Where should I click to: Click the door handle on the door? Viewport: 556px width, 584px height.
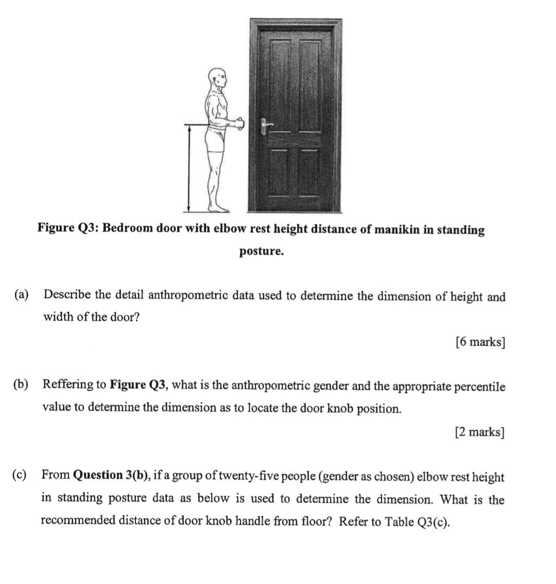tap(265, 126)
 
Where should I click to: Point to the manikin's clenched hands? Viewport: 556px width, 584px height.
tap(239, 124)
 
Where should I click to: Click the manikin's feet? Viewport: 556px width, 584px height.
tap(218, 209)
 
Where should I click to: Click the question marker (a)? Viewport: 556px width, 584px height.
tap(22, 295)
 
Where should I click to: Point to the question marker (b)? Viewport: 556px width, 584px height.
tap(21, 385)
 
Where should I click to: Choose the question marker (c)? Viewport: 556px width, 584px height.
tap(21, 474)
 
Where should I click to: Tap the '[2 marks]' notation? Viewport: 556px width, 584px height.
tap(480, 432)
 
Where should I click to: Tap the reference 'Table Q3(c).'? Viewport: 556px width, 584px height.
tap(419, 522)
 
